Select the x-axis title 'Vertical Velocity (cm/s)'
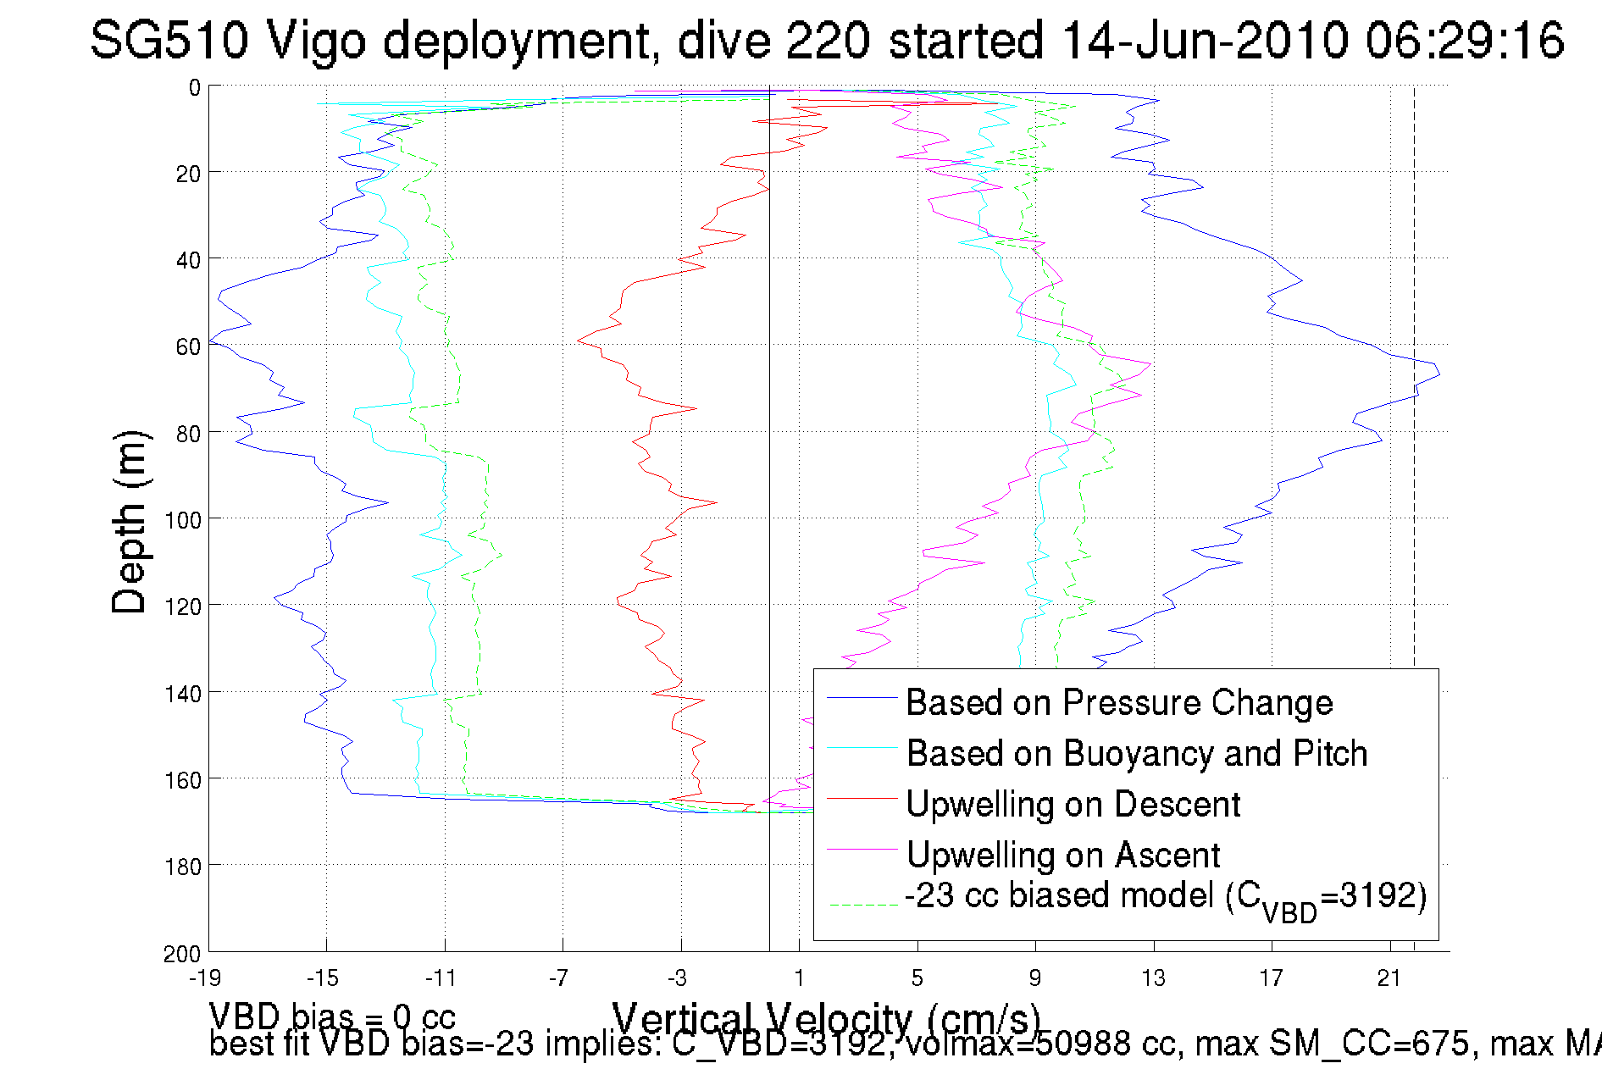coord(825,1017)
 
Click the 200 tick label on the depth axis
coord(183,954)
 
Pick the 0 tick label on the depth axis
coord(195,87)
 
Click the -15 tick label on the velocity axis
coord(322,978)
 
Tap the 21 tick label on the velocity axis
coord(1389,978)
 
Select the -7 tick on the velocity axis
coord(558,978)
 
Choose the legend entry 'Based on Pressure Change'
coord(1119,702)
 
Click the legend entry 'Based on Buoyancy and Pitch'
coord(1136,753)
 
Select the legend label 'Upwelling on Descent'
coord(1073,804)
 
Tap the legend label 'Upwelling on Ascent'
coord(1062,855)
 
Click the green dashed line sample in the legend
coord(862,905)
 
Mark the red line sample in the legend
coord(862,798)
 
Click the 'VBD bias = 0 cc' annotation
coord(332,1016)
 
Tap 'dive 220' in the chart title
coord(773,40)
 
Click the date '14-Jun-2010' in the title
coord(1204,40)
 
